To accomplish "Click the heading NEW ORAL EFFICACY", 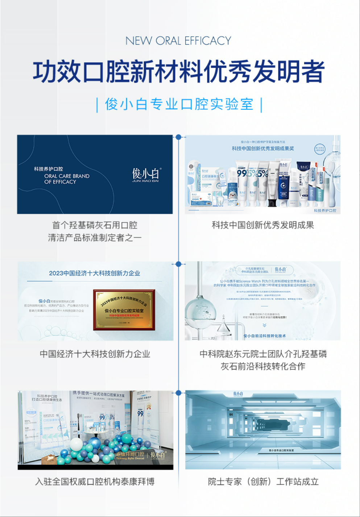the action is pos(178,41).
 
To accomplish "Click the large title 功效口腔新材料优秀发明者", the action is pos(179,71).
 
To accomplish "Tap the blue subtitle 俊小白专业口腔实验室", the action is pos(179,104).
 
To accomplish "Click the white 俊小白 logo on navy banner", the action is pos(146,175).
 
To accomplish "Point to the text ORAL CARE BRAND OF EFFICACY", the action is pos(67,179).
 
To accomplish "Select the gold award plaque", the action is pos(124,310).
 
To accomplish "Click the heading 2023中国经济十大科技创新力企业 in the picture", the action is pos(94,273).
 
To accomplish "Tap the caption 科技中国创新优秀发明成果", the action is pos(263,225).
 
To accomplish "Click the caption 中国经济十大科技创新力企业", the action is pos(95,354).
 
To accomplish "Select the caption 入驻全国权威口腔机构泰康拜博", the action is pos(95,481).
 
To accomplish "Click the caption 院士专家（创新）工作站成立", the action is pos(263,481).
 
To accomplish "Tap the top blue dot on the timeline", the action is pos(178,137).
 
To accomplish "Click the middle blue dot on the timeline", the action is pos(178,264).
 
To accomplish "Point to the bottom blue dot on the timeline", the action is pos(178,393).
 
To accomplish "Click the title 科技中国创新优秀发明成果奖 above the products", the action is pos(263,149).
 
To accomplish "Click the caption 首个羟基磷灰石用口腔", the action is pos(95,225).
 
